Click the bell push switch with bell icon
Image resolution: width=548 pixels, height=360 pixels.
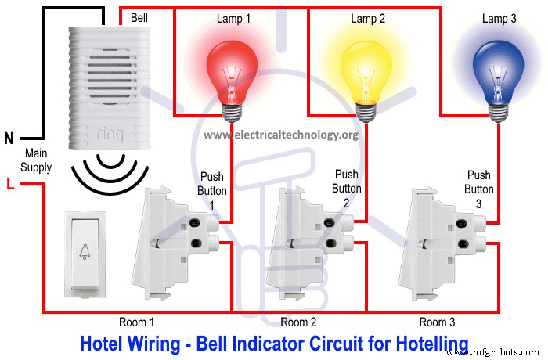pos(83,254)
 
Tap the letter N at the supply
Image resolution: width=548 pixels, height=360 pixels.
pos(9,139)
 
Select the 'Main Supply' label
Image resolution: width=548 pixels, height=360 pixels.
pos(37,160)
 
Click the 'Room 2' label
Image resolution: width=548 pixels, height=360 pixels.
pos(298,322)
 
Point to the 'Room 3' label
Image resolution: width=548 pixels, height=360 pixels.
pos(437,322)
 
